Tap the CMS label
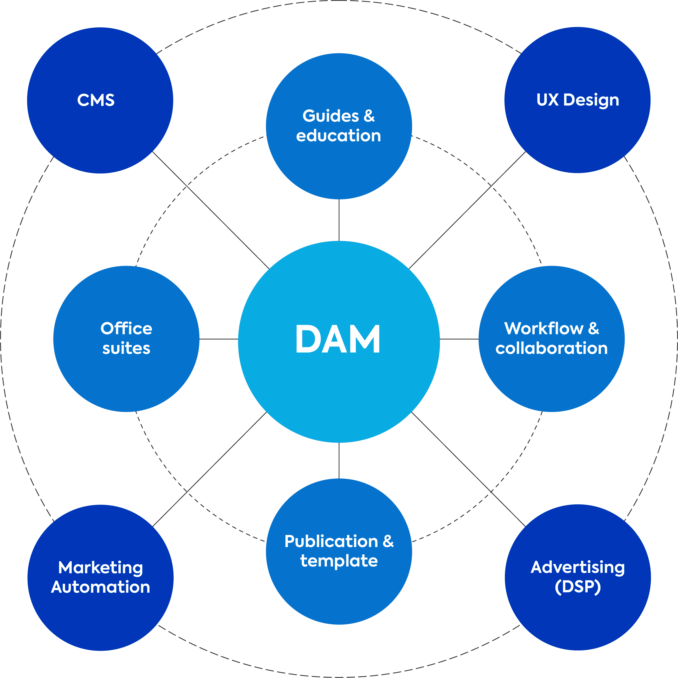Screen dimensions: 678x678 (x=96, y=100)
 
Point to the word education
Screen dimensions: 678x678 (x=338, y=136)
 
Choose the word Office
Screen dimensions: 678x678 (x=126, y=328)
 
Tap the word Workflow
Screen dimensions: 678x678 (x=543, y=328)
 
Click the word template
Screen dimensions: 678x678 (x=339, y=561)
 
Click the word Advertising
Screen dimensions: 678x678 (x=578, y=567)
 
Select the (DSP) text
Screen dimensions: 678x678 (x=578, y=587)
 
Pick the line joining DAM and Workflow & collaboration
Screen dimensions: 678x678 (x=459, y=339)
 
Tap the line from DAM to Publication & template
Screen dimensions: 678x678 (x=339, y=460)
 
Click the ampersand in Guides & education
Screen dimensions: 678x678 (x=369, y=116)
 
